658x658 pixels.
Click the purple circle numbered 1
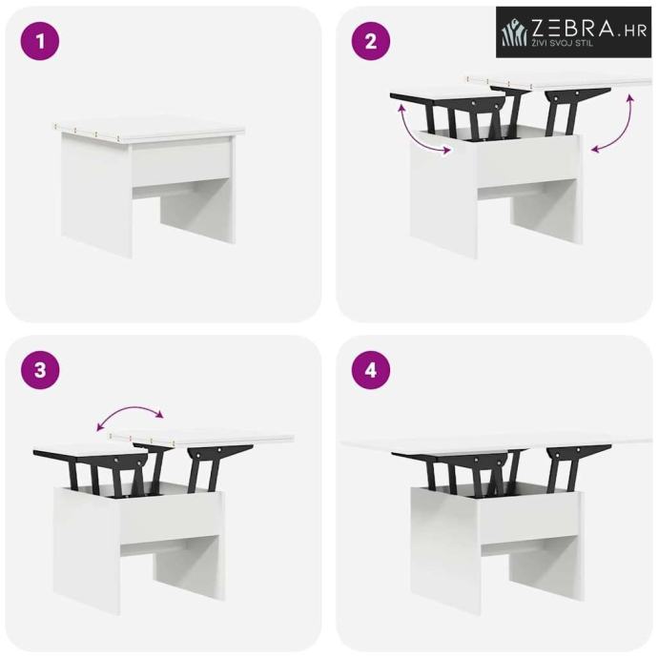point(40,41)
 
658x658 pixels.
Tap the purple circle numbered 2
point(371,41)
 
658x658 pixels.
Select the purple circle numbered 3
point(40,371)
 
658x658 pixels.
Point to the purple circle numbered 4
point(371,371)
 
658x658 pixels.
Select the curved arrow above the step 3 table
point(130,417)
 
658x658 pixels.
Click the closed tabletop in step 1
point(150,130)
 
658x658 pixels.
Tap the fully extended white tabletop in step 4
point(497,442)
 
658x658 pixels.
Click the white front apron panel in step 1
point(181,164)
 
